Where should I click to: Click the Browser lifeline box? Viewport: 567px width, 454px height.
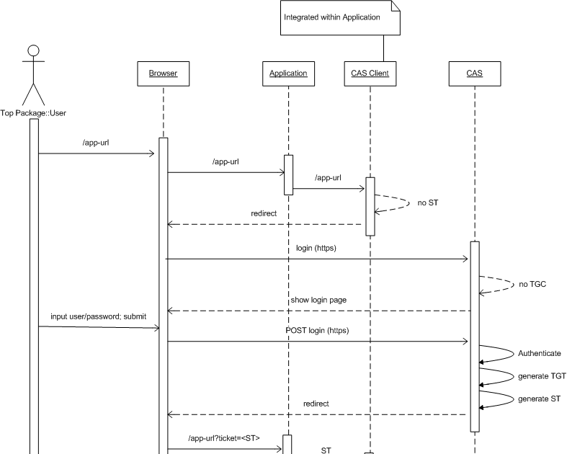[x=163, y=74]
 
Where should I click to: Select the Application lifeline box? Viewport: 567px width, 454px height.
[x=288, y=74]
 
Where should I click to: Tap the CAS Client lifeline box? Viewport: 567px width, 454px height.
[x=370, y=74]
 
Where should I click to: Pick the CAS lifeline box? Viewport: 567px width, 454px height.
[x=474, y=74]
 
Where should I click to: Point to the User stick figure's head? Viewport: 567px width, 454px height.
[x=32, y=50]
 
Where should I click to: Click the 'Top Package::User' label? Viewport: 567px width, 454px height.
[x=34, y=112]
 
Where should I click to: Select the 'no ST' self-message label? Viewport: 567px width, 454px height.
[x=428, y=203]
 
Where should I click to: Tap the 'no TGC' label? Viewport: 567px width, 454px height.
[x=532, y=284]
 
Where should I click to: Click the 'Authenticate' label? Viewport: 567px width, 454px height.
[x=539, y=354]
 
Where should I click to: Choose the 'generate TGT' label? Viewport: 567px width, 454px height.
[x=542, y=376]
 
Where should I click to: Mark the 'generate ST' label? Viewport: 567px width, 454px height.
[x=539, y=399]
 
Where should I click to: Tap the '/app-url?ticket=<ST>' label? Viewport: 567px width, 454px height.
[x=223, y=438]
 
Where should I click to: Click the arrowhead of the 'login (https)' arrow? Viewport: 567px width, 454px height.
[x=466, y=258]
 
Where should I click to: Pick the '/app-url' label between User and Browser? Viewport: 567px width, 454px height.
[x=96, y=143]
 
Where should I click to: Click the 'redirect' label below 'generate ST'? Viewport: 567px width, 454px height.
[x=316, y=404]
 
